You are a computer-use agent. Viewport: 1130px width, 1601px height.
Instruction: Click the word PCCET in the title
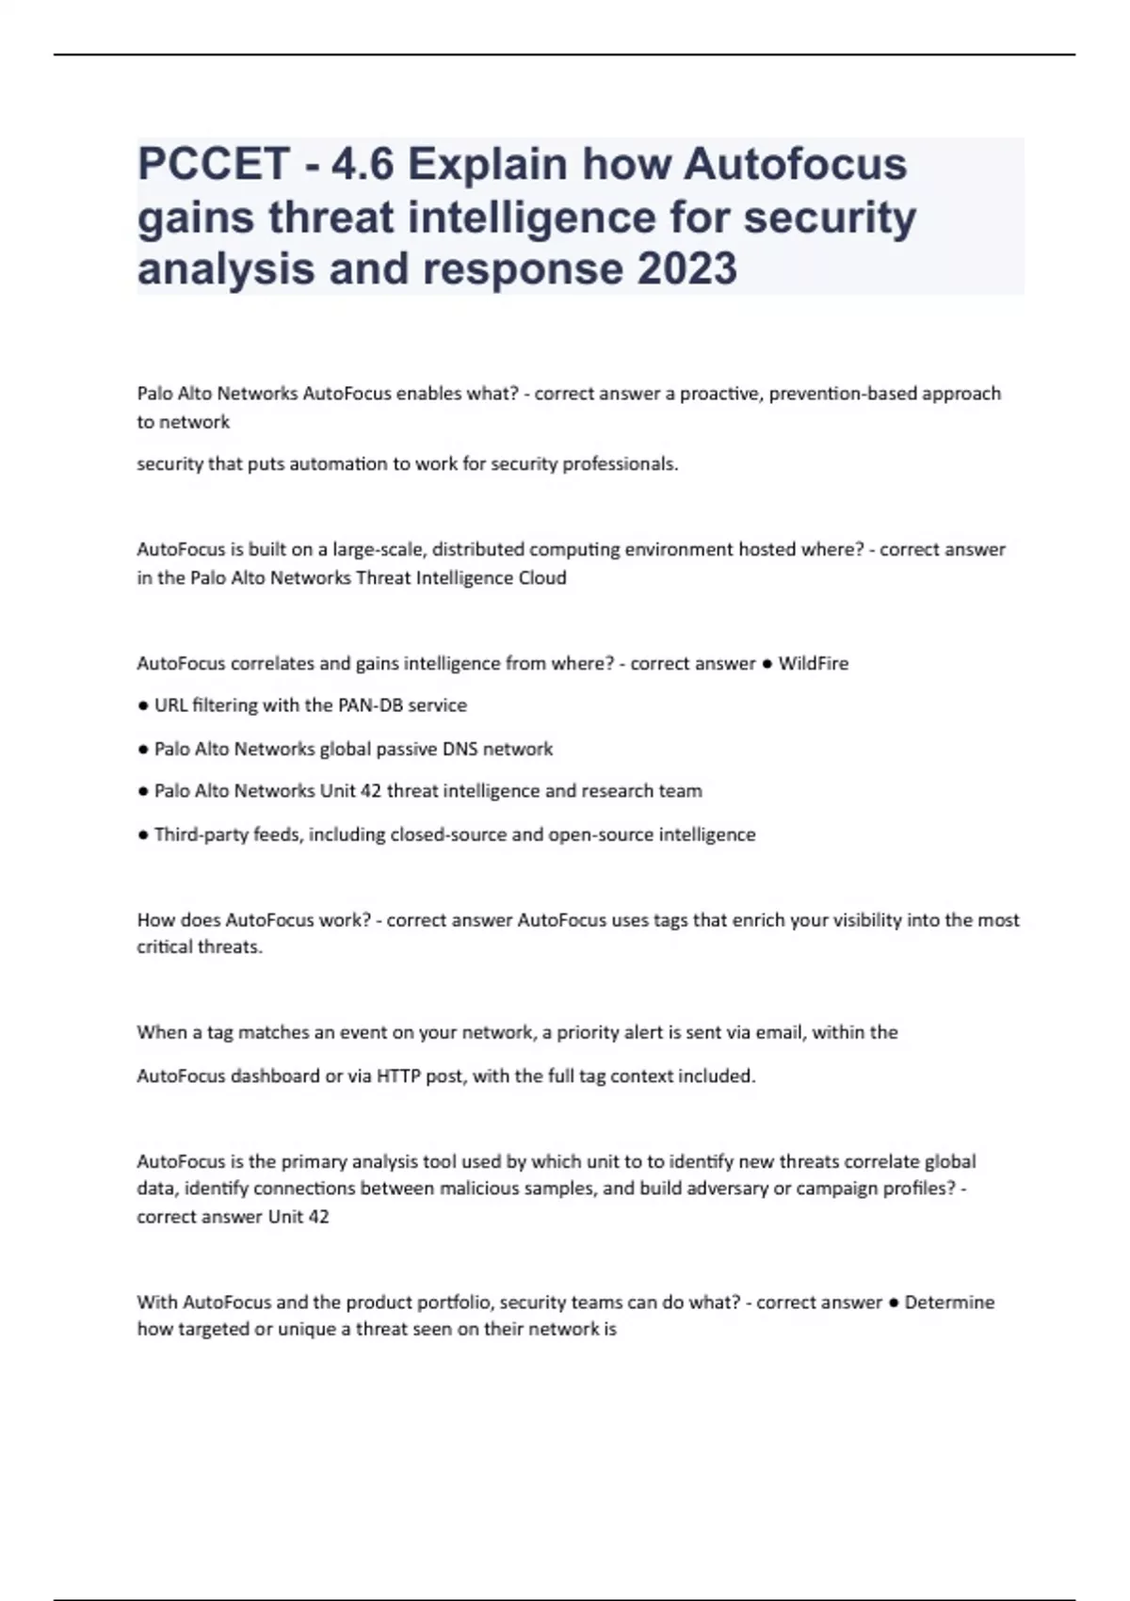click(x=213, y=165)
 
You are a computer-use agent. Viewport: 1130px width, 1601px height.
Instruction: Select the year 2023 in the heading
click(x=686, y=268)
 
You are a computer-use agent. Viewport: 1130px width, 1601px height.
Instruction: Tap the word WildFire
click(x=814, y=663)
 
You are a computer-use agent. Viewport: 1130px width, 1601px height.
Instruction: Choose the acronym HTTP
click(x=398, y=1075)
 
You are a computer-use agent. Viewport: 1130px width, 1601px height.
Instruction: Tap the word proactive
click(x=719, y=393)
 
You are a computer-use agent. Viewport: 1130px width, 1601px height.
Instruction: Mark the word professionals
click(x=620, y=463)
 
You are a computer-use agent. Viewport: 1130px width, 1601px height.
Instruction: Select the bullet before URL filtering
click(x=143, y=705)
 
